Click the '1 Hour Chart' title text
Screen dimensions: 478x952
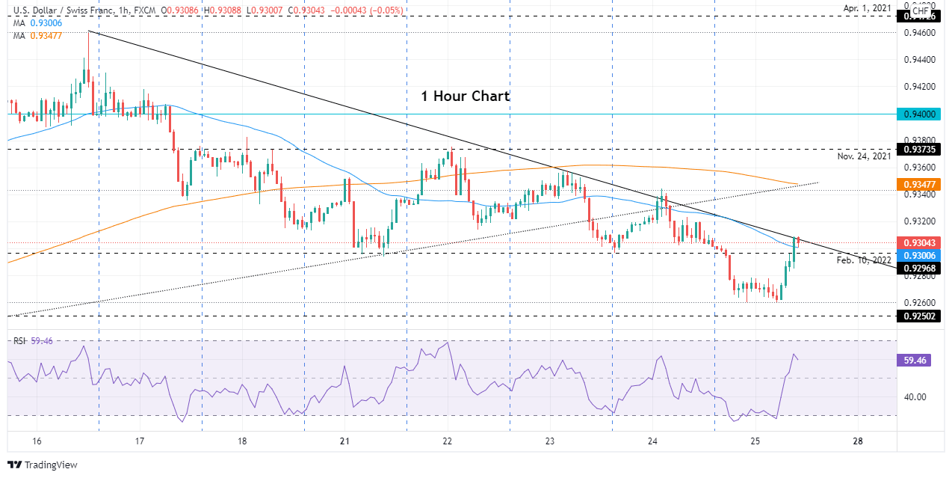click(x=465, y=96)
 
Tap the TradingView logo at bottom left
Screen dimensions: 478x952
click(x=43, y=465)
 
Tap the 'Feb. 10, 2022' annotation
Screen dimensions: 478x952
click(x=864, y=260)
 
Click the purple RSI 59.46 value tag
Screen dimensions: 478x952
click(x=915, y=360)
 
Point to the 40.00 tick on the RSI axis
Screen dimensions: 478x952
click(x=916, y=397)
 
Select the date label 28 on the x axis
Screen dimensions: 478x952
click(x=858, y=441)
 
